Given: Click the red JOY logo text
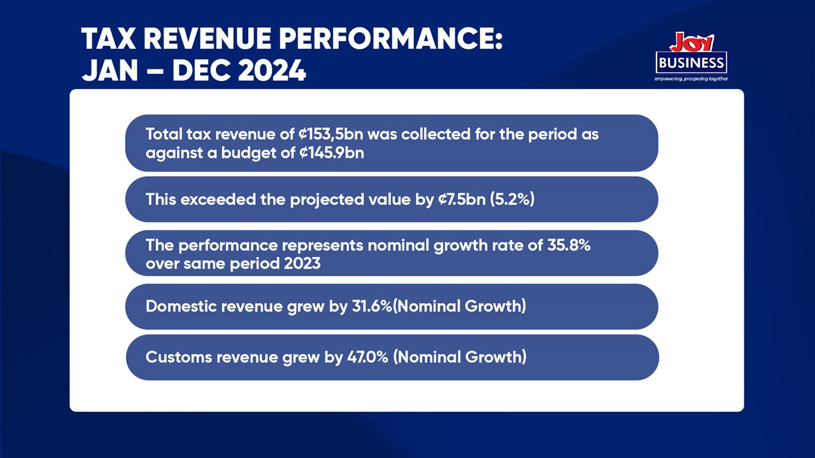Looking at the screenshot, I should pos(691,43).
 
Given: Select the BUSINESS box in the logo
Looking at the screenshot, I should pos(691,62).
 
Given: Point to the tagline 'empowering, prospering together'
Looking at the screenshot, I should pos(691,79).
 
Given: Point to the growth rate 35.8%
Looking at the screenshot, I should pos(569,246).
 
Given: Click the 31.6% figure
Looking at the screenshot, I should pos(371,307).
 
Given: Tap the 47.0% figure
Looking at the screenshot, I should pos(367,357).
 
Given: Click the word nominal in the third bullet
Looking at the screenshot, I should pos(397,246).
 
